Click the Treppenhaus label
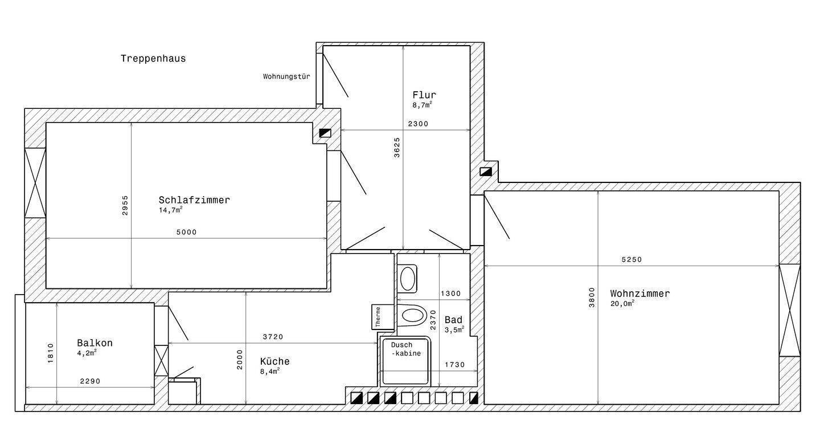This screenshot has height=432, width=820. pos(153,59)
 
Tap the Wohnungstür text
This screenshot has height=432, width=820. pos(286,76)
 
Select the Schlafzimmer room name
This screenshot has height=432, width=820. pos(194,200)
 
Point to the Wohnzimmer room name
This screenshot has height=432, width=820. pos(640,294)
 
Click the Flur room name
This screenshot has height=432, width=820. pos(424,95)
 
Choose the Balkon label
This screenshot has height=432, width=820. pos(95,343)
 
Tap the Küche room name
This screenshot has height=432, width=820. pos(275,361)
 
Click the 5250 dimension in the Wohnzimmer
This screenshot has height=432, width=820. pos(632,260)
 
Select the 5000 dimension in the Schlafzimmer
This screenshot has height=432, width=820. pos(187,233)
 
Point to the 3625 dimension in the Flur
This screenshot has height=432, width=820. pos(397,148)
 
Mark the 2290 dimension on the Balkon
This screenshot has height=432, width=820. pos(90,381)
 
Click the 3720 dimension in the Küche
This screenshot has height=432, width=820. pos(273,337)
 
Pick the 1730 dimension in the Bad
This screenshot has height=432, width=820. pos(454,365)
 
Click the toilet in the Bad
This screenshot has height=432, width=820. pos(412,316)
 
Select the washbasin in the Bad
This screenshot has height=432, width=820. pos(407,279)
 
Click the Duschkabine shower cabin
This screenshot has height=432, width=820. pos(405,361)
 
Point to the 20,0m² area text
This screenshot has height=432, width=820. pos(622,303)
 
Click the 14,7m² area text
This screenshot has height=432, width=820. pos(171,210)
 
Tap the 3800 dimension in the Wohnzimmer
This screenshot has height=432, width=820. pos(592,297)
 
